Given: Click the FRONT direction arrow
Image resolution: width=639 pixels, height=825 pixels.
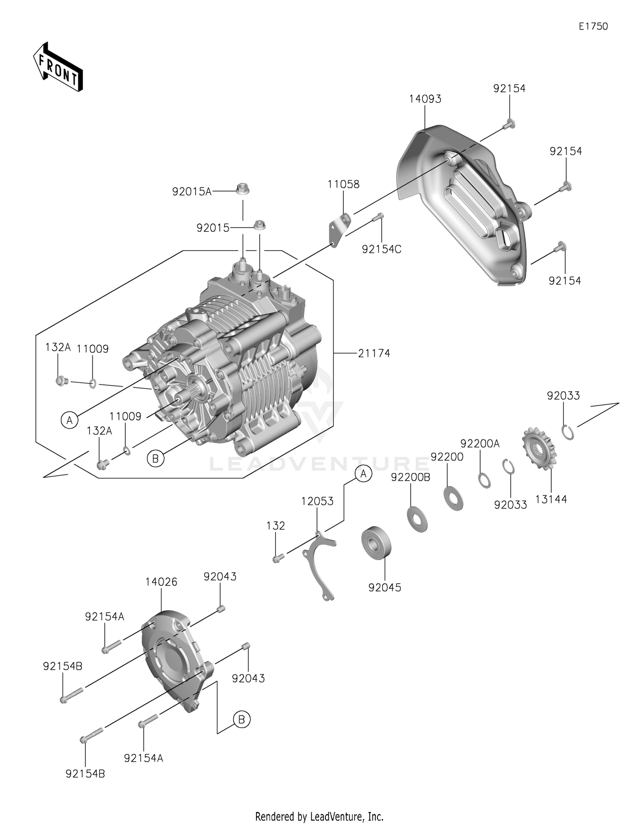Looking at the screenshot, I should point(58,67).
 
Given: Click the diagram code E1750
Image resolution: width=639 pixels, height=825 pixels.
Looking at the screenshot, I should point(593,26).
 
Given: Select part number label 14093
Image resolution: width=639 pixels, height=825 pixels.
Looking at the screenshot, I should point(425,99).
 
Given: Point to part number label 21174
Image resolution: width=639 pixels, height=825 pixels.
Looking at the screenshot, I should point(374,353).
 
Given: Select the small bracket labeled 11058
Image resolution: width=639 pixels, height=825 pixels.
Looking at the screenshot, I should point(339,229).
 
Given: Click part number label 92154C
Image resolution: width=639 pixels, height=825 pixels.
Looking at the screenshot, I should point(381,249).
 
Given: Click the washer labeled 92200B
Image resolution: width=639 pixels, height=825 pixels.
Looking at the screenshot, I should point(417,519).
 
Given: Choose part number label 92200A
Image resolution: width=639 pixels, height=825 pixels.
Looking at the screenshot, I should point(480,444).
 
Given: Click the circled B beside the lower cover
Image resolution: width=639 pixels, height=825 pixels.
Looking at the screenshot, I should point(242,719).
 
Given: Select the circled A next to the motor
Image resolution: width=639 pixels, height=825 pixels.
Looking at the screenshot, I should point(69,420).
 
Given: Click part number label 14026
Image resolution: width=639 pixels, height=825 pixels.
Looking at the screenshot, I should point(161,582).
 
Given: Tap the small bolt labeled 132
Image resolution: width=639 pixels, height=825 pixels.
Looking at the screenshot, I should point(278,558).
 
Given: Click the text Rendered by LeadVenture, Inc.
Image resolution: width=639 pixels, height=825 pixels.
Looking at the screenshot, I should point(319,816).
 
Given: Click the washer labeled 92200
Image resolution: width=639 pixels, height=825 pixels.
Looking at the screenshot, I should point(453,498).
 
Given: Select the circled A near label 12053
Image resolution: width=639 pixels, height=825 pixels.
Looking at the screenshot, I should point(363,473).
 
